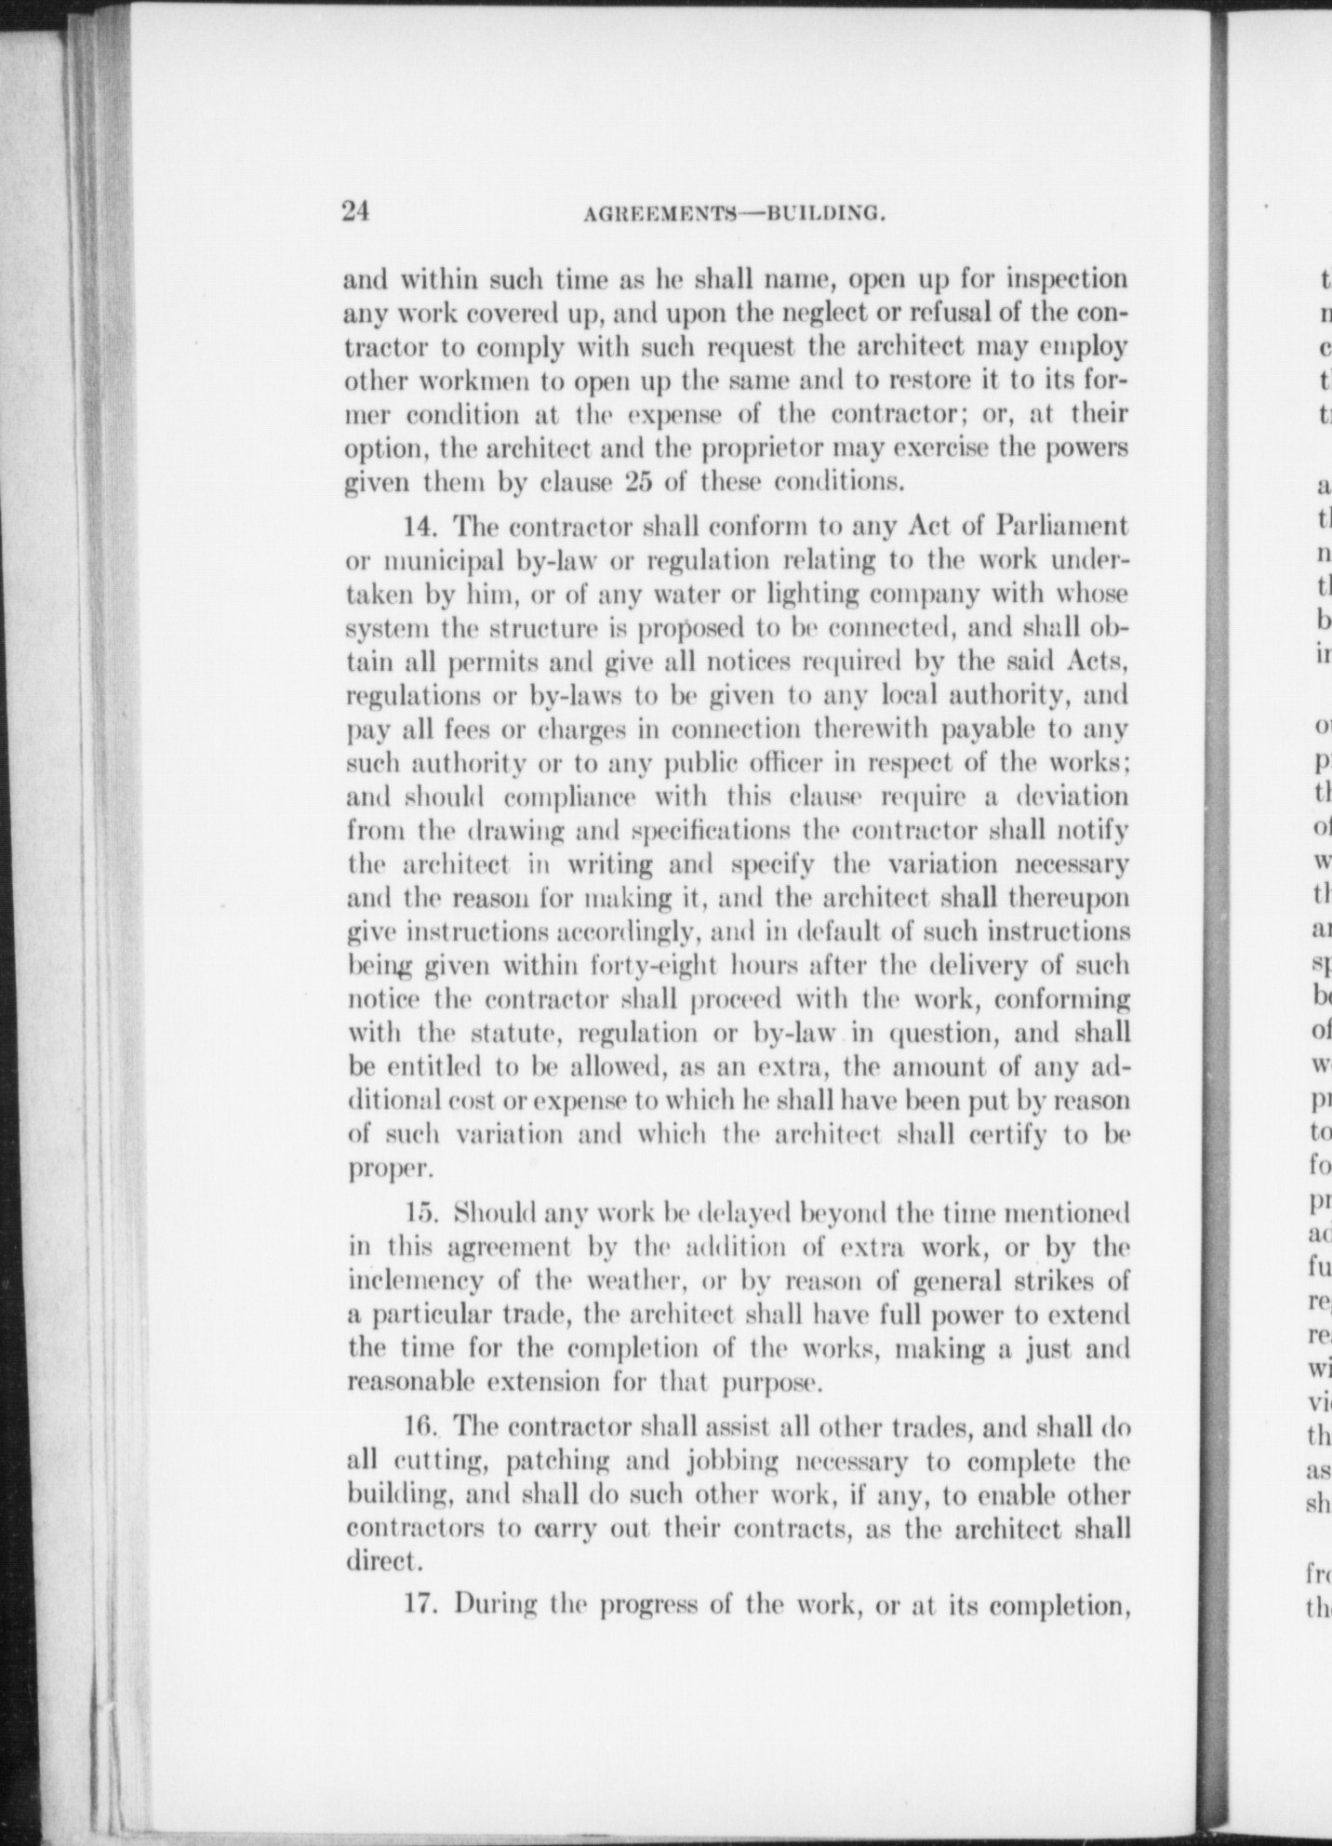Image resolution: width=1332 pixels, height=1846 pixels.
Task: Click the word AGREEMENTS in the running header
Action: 659,215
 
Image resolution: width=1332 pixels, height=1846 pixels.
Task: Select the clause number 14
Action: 420,527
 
